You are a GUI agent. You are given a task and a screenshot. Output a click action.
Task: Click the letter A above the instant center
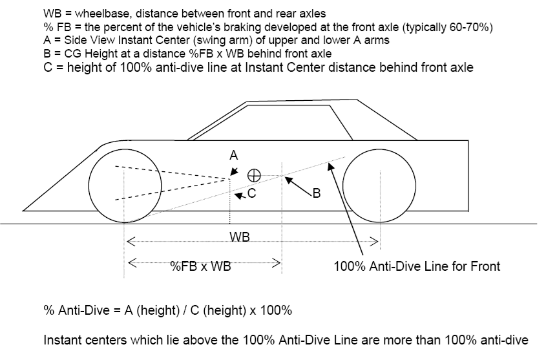tap(234, 154)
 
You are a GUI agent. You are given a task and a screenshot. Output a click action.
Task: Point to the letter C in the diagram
tap(251, 193)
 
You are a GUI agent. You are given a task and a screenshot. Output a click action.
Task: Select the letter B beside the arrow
tap(316, 193)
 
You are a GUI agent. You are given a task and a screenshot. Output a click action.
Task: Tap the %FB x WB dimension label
tap(200, 265)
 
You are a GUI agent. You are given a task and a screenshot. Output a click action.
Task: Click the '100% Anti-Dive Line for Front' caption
tap(417, 266)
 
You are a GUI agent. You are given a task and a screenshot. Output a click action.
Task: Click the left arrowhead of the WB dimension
tap(130, 242)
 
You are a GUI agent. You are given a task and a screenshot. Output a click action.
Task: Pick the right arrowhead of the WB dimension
tap(374, 242)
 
